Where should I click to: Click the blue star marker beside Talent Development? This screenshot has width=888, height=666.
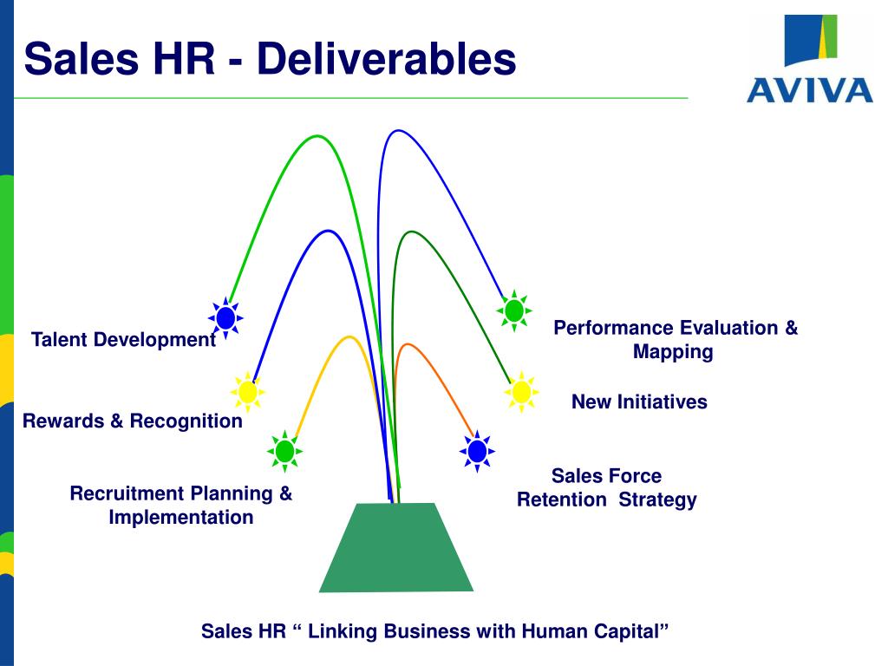tap(225, 318)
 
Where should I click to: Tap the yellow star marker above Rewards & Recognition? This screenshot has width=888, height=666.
tap(247, 392)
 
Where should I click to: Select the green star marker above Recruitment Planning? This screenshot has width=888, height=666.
tap(284, 451)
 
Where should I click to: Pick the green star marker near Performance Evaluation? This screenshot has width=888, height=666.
tap(514, 310)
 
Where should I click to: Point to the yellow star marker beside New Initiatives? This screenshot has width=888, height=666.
tap(521, 392)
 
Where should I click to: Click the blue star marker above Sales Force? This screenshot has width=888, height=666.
tap(477, 451)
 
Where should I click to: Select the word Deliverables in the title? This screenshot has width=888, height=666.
tap(387, 60)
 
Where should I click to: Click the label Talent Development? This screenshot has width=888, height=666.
tap(123, 340)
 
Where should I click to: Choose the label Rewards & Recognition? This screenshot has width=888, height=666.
tap(133, 421)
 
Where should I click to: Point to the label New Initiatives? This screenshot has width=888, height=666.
tap(639, 402)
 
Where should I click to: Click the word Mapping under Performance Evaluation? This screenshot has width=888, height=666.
tap(673, 352)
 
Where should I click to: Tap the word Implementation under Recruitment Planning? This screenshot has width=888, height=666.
tap(181, 518)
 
